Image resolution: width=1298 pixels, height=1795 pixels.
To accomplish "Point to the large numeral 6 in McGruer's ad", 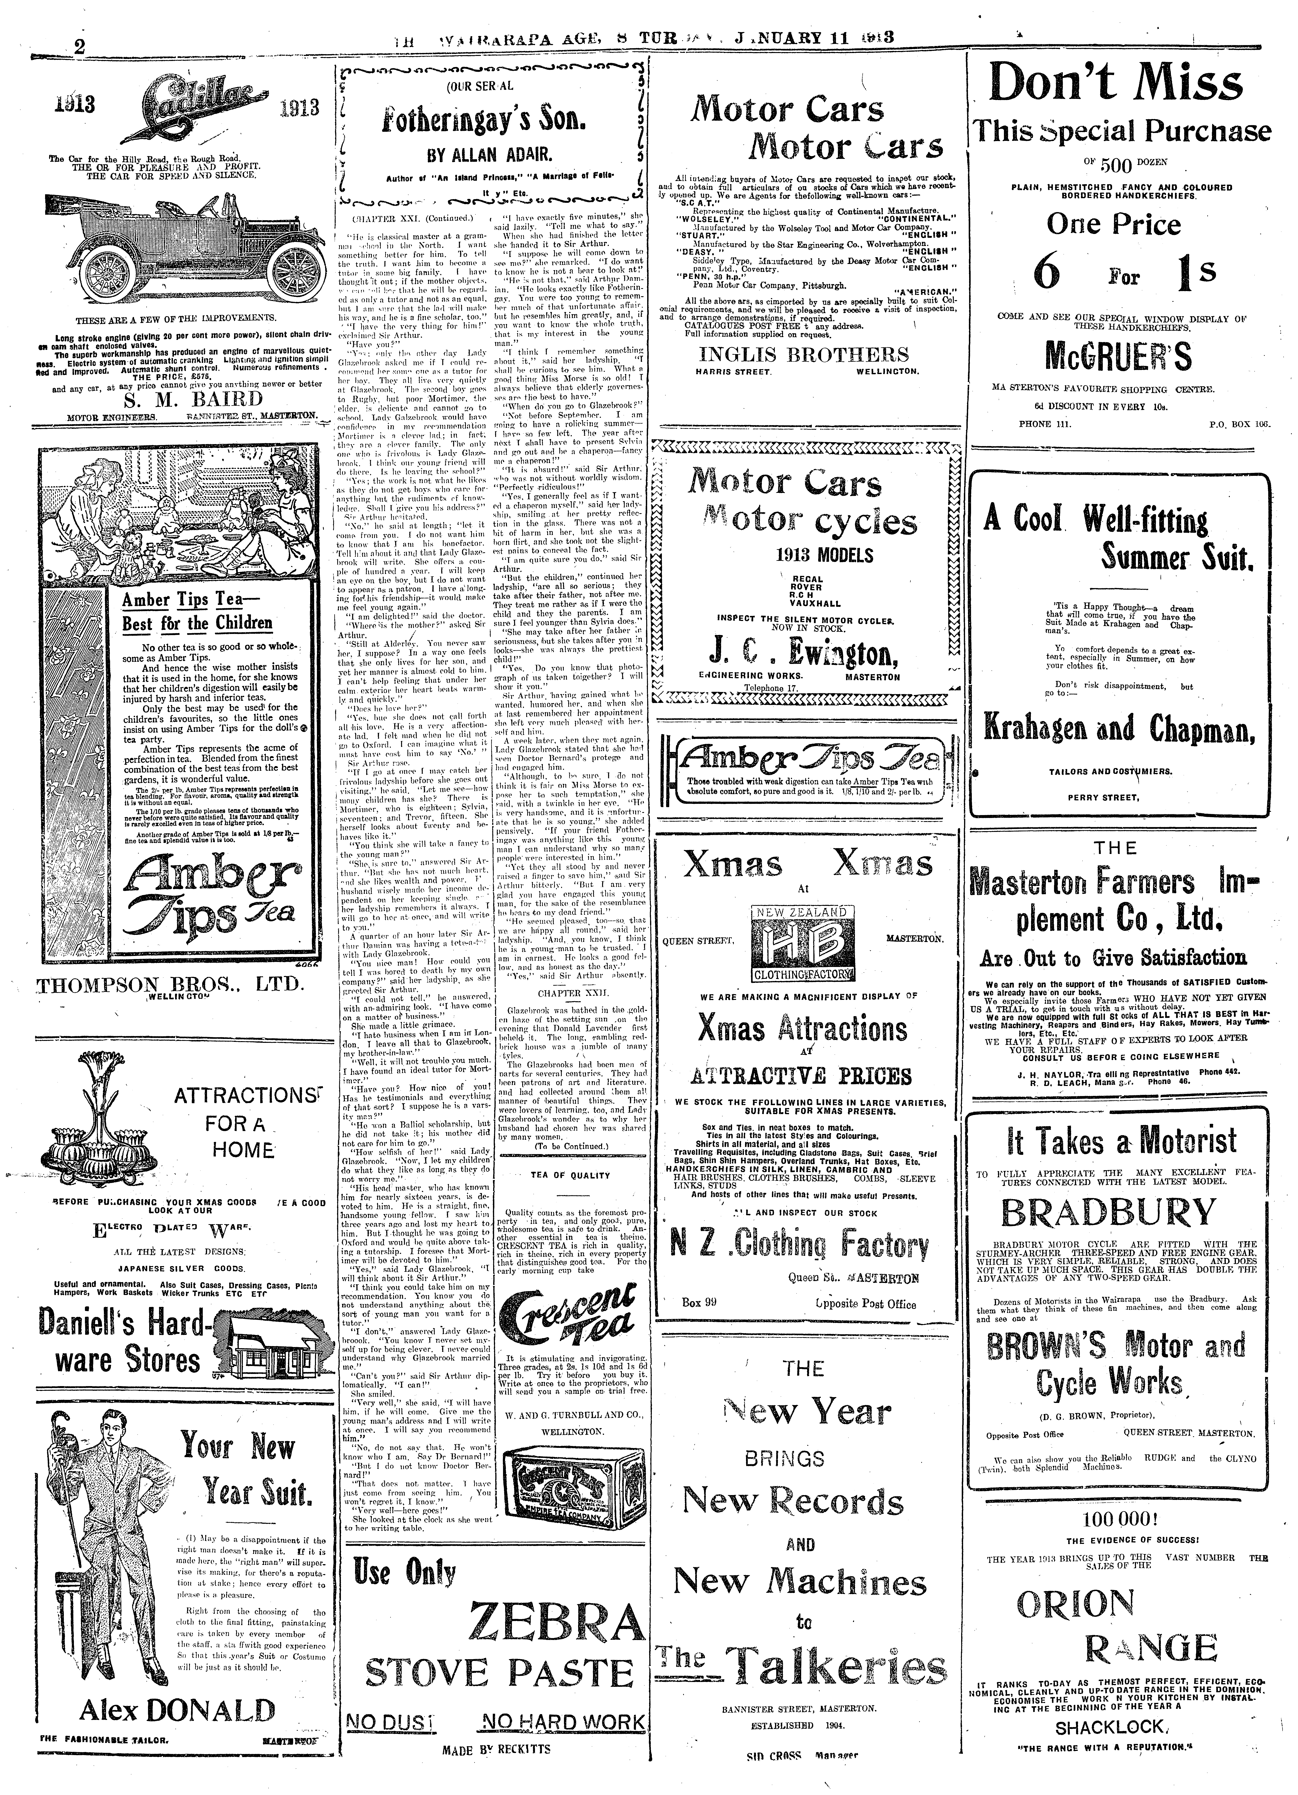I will pos(1047,273).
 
